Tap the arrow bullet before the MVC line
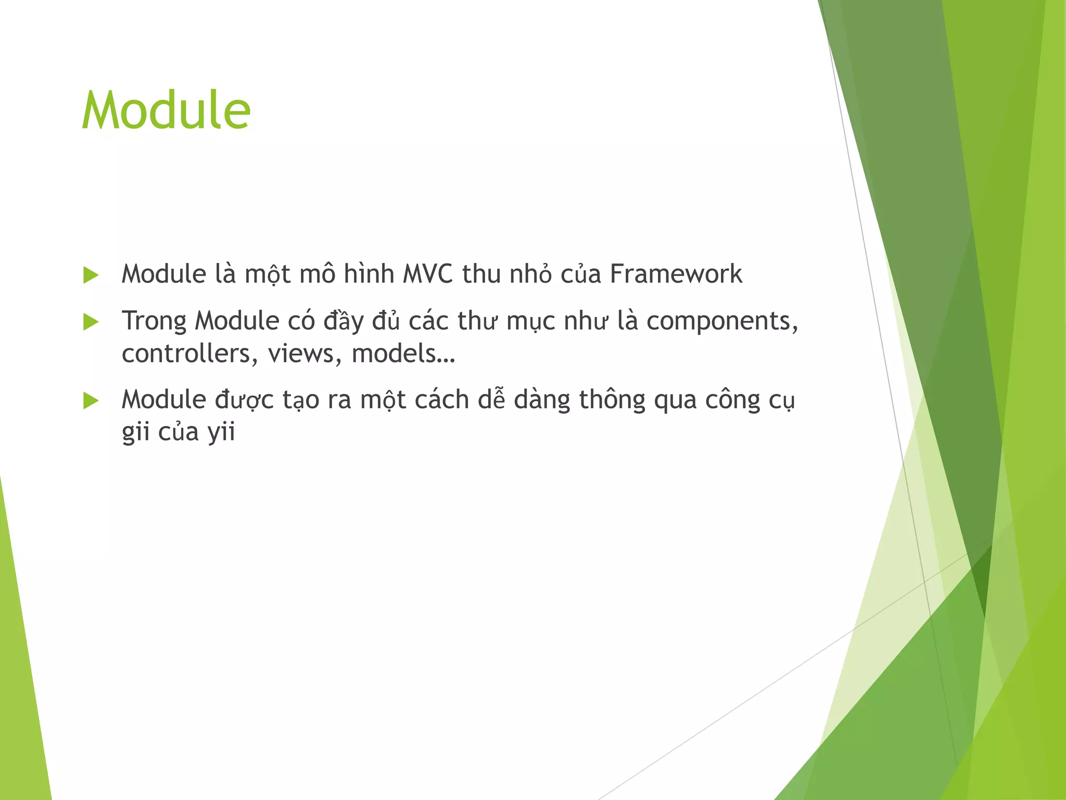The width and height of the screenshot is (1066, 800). click(91, 275)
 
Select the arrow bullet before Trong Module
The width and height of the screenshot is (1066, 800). click(91, 322)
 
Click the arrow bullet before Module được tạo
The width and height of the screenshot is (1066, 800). click(91, 401)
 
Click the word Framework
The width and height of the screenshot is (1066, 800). click(676, 274)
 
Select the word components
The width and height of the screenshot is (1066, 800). click(722, 322)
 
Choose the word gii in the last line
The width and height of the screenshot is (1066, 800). click(135, 432)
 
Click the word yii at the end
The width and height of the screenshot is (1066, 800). click(221, 432)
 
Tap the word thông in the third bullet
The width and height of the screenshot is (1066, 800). click(612, 400)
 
